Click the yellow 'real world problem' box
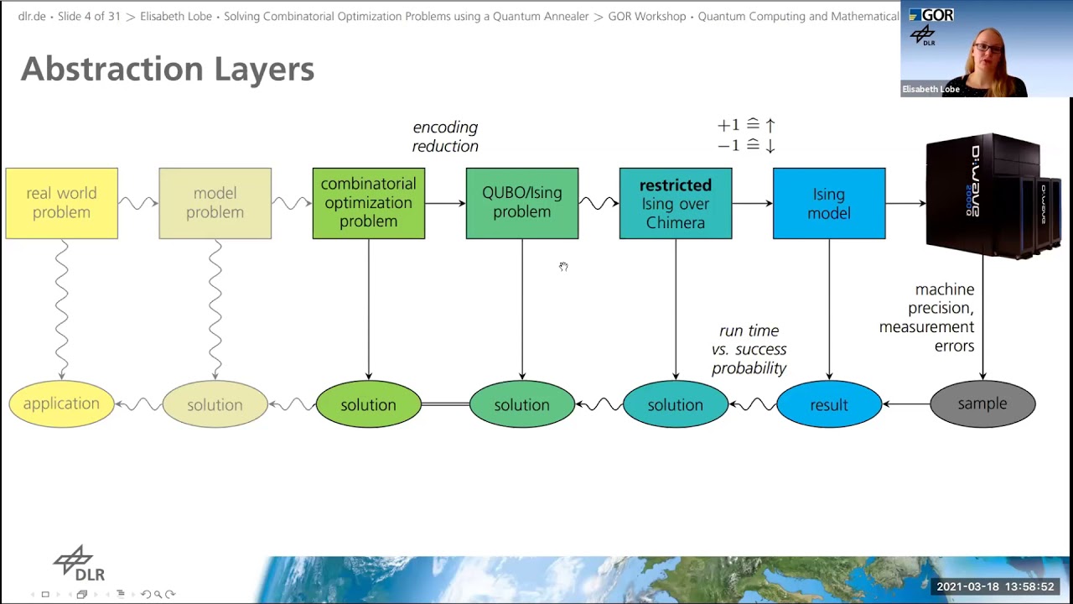point(61,203)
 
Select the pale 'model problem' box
point(215,203)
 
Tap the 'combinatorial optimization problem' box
point(368,203)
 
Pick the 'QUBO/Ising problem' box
point(521,203)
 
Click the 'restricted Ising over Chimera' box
point(675,203)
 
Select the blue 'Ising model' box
point(828,203)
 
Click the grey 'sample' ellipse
point(982,404)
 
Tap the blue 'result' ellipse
point(828,404)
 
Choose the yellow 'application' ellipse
point(61,404)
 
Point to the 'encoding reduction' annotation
point(445,137)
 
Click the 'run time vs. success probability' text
point(749,349)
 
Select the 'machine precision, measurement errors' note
point(927,317)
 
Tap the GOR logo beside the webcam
point(931,15)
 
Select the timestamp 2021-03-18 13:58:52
point(995,586)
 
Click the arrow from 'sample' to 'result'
point(905,404)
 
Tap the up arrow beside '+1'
point(770,125)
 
